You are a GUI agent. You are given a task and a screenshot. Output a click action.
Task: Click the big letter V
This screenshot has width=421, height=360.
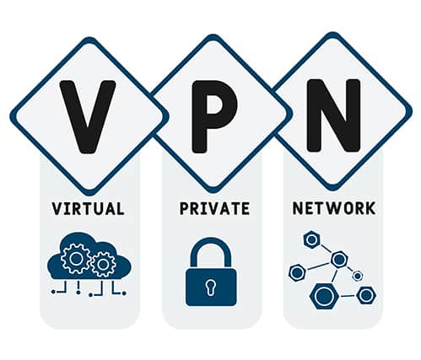88,116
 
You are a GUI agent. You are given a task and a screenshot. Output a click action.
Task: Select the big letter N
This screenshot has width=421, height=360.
334,116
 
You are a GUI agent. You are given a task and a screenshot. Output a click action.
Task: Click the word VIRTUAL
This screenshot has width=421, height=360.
88,208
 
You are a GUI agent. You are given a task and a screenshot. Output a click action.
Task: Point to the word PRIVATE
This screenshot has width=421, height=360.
214,208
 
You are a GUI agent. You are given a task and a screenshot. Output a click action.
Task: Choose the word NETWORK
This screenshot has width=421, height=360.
334,208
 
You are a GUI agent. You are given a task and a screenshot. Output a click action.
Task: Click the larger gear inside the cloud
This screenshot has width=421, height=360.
75,259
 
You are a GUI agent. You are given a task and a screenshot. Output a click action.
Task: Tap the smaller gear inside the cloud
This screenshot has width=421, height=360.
103,265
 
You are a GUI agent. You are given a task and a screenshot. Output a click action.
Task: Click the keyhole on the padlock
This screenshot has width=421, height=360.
211,287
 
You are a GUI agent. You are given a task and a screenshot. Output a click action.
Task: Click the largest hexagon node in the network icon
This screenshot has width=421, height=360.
324,296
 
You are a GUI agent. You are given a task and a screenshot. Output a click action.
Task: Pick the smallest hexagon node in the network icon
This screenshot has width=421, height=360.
358,276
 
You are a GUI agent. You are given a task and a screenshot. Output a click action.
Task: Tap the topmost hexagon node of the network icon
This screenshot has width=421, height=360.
311,239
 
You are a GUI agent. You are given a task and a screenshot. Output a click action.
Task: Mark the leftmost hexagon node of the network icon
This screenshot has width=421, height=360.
297,272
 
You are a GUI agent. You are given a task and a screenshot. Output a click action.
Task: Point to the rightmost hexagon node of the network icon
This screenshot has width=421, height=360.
366,295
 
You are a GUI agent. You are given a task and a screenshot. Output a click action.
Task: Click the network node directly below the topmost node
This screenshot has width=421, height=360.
338,259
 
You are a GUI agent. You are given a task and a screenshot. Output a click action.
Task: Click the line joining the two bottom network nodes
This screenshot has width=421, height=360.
348,296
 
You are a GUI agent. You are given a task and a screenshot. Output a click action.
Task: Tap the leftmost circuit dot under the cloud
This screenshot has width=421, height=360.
53,293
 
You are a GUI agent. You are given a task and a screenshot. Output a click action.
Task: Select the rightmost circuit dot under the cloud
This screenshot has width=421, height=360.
124,293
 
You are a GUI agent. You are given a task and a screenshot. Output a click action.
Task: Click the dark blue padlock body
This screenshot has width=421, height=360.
211,287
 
